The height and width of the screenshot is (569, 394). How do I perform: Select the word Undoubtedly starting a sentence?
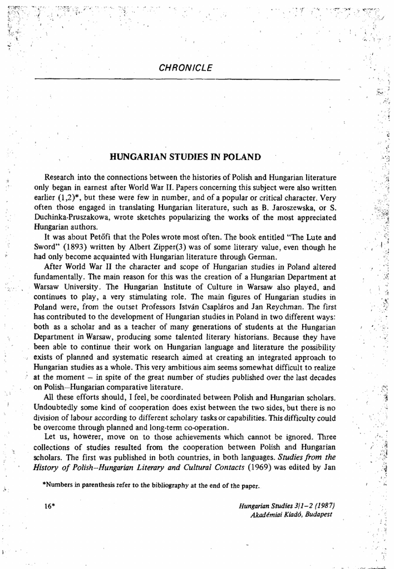click(59, 407)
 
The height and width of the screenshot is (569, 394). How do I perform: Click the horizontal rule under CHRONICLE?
click(186, 79)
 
